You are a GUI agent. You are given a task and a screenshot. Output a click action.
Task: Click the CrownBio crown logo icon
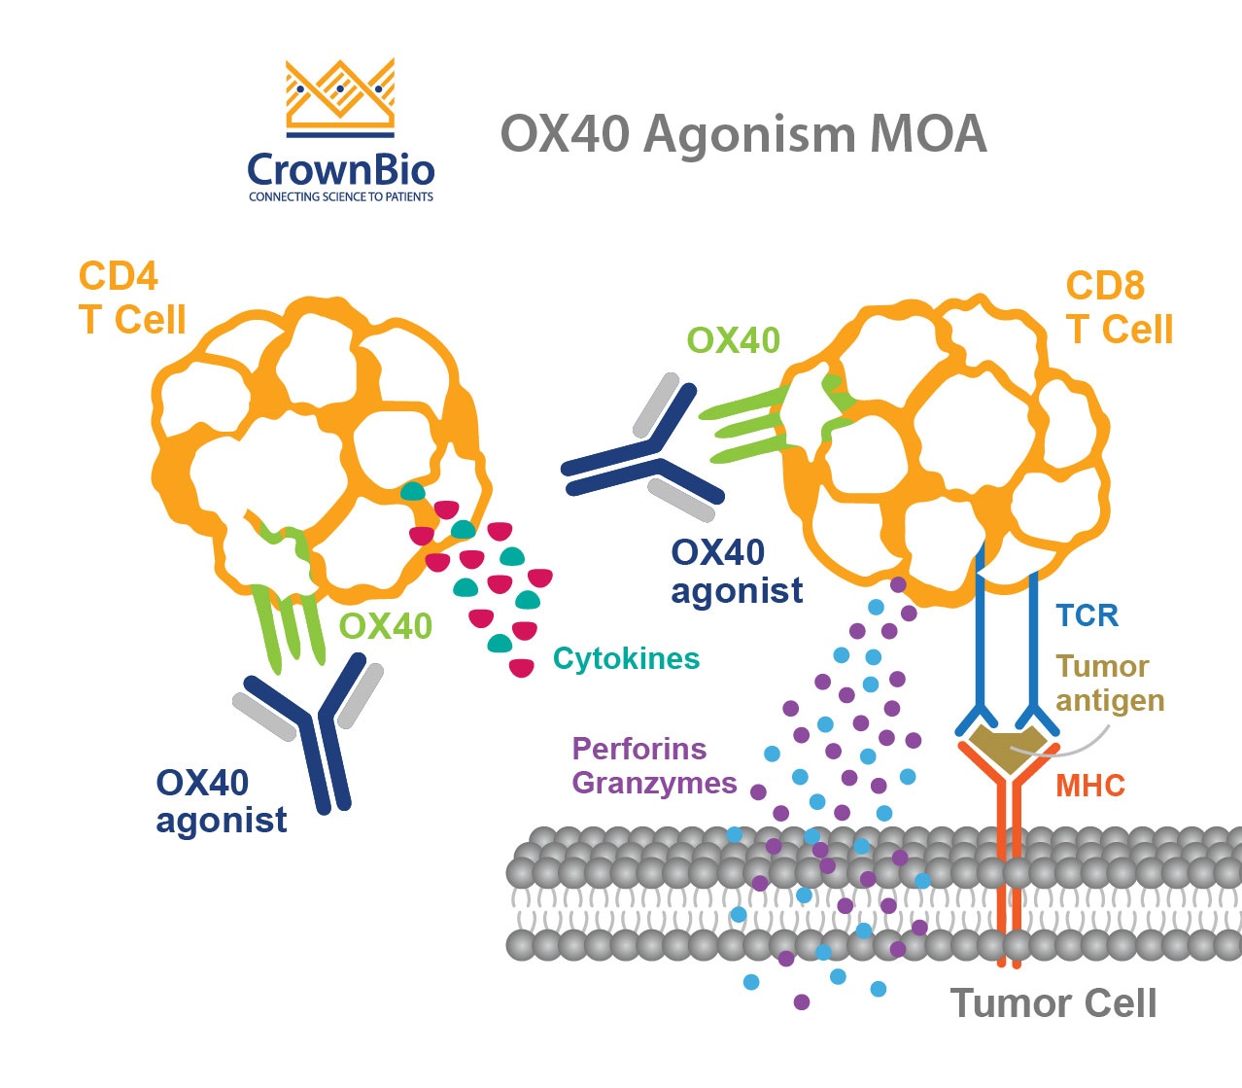(x=340, y=97)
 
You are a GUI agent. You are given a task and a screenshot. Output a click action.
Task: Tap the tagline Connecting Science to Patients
(x=340, y=197)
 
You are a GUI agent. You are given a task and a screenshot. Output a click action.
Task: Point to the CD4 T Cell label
(x=131, y=298)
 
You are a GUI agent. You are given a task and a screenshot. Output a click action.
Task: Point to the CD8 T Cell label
(x=1119, y=307)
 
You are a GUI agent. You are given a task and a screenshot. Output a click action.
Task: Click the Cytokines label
(x=626, y=658)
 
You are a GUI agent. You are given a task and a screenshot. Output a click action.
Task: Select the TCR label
(x=1087, y=615)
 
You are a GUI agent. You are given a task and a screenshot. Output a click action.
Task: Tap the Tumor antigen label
(x=1109, y=683)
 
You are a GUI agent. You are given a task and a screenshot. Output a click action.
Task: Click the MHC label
(x=1089, y=785)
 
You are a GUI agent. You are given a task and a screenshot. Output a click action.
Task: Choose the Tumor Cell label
(x=1053, y=1002)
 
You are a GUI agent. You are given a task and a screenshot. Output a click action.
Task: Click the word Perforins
(x=638, y=749)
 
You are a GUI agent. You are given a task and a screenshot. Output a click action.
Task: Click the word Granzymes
(x=654, y=783)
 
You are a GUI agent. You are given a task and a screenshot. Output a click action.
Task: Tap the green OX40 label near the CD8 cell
(x=733, y=340)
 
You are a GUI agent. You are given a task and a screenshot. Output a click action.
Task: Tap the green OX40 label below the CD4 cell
(x=385, y=626)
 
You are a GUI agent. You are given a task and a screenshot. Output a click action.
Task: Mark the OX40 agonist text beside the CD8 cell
(x=737, y=571)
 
